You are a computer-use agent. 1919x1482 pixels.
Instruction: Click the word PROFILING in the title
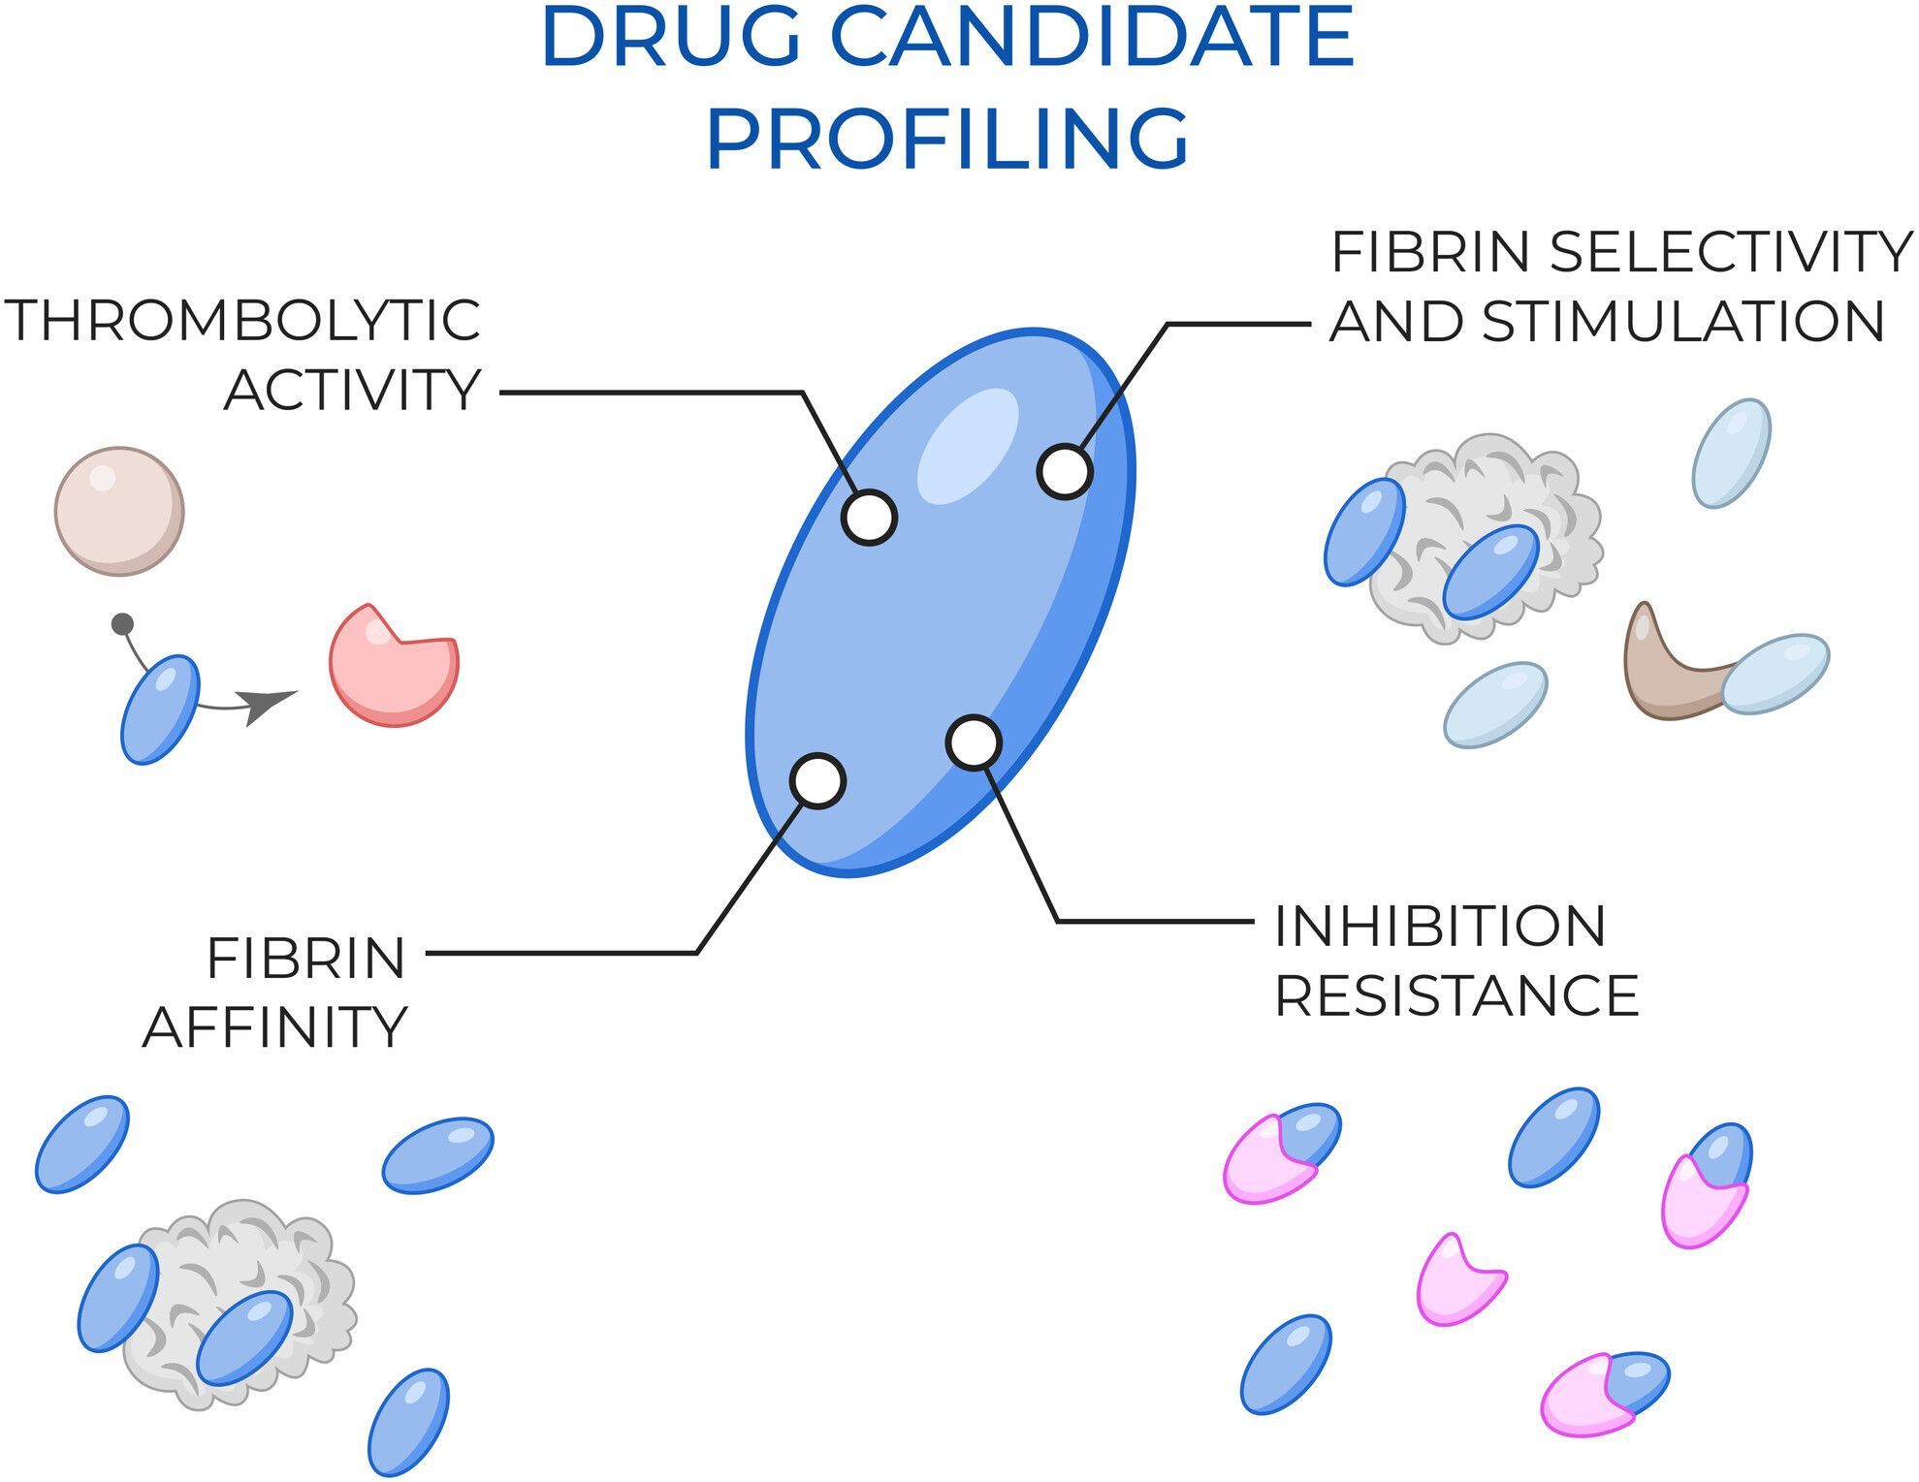pyautogui.click(x=947, y=139)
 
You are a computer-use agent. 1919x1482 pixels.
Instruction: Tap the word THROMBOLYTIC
pyautogui.click(x=242, y=321)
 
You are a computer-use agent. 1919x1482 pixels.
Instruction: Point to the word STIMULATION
pyautogui.click(x=1683, y=322)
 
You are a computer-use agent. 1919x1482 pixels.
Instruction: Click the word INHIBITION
pyautogui.click(x=1440, y=927)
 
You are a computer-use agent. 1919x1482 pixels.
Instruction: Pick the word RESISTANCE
pyautogui.click(x=1456, y=996)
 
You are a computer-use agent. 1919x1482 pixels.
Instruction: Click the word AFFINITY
pyautogui.click(x=275, y=1027)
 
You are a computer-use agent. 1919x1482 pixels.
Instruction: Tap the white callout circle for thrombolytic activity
pyautogui.click(x=869, y=518)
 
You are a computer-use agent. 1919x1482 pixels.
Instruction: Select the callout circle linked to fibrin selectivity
pyautogui.click(x=1065, y=472)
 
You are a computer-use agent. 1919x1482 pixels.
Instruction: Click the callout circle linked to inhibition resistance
pyautogui.click(x=974, y=743)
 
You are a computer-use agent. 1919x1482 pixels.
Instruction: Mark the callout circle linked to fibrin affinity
pyautogui.click(x=817, y=781)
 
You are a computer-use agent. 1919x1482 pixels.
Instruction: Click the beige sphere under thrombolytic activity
pyautogui.click(x=119, y=511)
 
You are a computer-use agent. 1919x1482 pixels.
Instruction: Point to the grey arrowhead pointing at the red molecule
pyautogui.click(x=270, y=706)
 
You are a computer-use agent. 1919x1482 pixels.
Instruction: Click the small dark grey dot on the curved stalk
pyautogui.click(x=122, y=624)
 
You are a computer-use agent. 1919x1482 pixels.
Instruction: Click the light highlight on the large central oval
pyautogui.click(x=968, y=447)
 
